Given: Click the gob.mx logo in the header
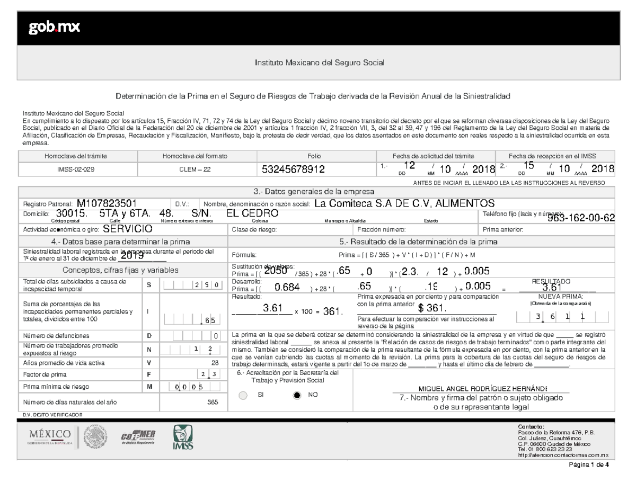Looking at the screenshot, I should click(x=54, y=28).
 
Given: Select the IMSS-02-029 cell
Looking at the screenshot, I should click(x=77, y=169).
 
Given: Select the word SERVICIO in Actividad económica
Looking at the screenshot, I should click(x=128, y=229).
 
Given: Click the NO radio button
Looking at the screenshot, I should click(x=297, y=395).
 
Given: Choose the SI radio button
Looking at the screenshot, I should click(x=243, y=395).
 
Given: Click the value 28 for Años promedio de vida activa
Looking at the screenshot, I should click(x=215, y=363).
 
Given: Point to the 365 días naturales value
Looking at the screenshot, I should click(x=213, y=403).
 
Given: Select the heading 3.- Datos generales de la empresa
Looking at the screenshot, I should click(x=315, y=191).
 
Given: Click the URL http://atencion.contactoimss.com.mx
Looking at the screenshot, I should click(x=563, y=455).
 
